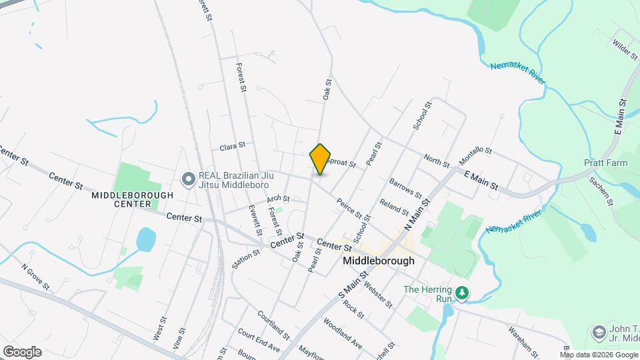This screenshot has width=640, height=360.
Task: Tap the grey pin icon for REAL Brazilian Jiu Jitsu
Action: click(189, 178)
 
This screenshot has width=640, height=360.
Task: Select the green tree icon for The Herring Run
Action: click(461, 293)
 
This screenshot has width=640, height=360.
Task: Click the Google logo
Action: click(22, 351)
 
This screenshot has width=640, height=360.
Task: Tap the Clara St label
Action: click(233, 145)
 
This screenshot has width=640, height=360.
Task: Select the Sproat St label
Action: click(343, 163)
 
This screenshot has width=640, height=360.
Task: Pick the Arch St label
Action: click(278, 199)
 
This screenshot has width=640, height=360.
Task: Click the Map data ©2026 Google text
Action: click(598, 354)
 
